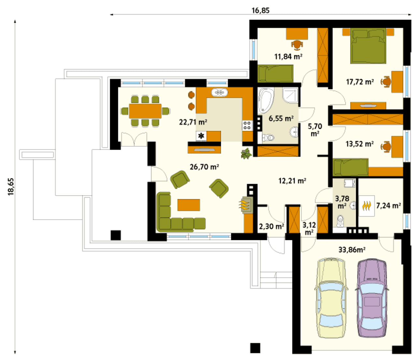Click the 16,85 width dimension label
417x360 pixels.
[x=260, y=10]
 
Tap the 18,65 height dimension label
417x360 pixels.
[x=11, y=187]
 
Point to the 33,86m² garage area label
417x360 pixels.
[x=352, y=250]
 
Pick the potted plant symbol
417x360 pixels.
[x=246, y=154]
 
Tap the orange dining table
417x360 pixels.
[x=145, y=111]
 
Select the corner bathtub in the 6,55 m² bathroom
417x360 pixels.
[x=266, y=100]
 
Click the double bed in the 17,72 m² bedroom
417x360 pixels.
[x=368, y=46]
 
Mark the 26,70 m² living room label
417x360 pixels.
[x=204, y=167]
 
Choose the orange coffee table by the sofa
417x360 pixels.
[x=189, y=205]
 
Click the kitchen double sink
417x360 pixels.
[x=220, y=93]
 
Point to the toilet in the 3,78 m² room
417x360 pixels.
[x=340, y=220]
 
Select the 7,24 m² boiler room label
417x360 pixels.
[x=388, y=205]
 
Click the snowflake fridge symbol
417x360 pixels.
[x=201, y=136]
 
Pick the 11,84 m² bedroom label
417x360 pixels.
[x=288, y=56]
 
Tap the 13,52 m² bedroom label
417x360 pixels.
[x=360, y=144]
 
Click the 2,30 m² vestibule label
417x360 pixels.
[x=272, y=227]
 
